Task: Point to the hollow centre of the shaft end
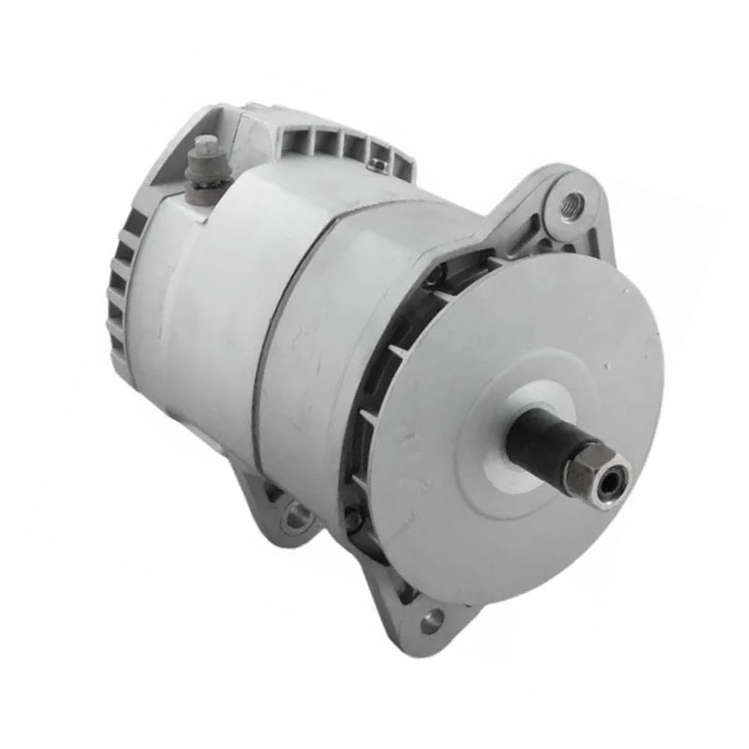[x=610, y=479]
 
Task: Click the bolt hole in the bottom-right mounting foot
[x=432, y=619]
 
